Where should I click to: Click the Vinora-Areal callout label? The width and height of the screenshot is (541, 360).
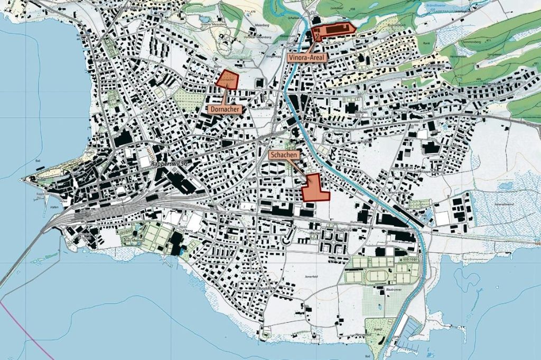point(307,57)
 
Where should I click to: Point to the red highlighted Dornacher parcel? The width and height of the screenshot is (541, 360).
point(228,78)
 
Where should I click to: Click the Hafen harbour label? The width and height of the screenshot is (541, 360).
point(54,207)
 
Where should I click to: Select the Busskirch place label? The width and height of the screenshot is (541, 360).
point(264,289)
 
